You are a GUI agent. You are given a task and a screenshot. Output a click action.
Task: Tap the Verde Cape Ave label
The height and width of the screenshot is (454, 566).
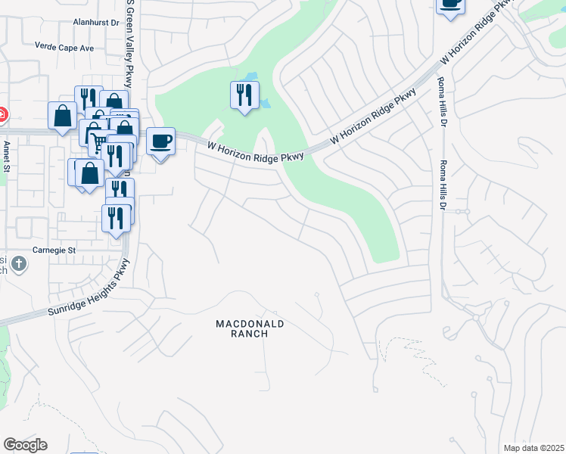pyautogui.click(x=64, y=47)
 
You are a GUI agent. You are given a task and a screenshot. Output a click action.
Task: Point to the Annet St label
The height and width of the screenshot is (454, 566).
pyautogui.click(x=5, y=157)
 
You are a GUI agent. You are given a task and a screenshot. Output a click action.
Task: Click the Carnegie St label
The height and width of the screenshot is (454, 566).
pyautogui.click(x=54, y=250)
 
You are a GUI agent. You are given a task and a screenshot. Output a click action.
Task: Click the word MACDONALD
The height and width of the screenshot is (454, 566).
pyautogui.click(x=250, y=323)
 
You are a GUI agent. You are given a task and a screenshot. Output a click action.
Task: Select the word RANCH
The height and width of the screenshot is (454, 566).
pyautogui.click(x=250, y=334)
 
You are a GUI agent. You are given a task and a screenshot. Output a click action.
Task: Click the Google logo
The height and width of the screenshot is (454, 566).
pyautogui.click(x=25, y=445)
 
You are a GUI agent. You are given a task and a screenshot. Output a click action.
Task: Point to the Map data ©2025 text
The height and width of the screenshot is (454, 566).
pyautogui.click(x=533, y=448)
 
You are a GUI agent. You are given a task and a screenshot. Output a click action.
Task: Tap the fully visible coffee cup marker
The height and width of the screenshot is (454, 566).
pyautogui.click(x=160, y=141)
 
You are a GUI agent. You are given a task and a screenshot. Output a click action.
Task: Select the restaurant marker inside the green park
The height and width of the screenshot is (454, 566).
pyautogui.click(x=244, y=95)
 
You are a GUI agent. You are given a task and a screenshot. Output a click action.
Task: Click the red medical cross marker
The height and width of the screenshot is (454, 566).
pyautogui.click(x=2, y=115)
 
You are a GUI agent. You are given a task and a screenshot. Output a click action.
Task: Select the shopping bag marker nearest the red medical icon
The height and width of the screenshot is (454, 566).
pyautogui.click(x=62, y=117)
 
